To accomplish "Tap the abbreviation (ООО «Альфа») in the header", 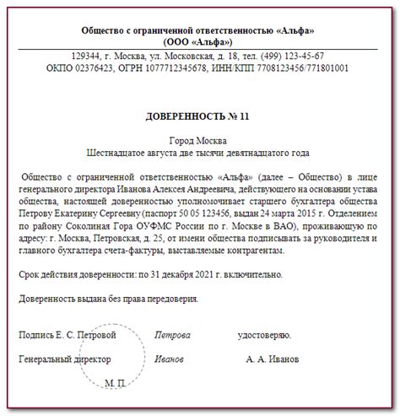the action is [199, 41].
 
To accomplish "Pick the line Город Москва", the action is [199, 140].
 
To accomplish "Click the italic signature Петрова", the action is [172, 335].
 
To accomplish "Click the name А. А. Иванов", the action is [272, 359].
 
